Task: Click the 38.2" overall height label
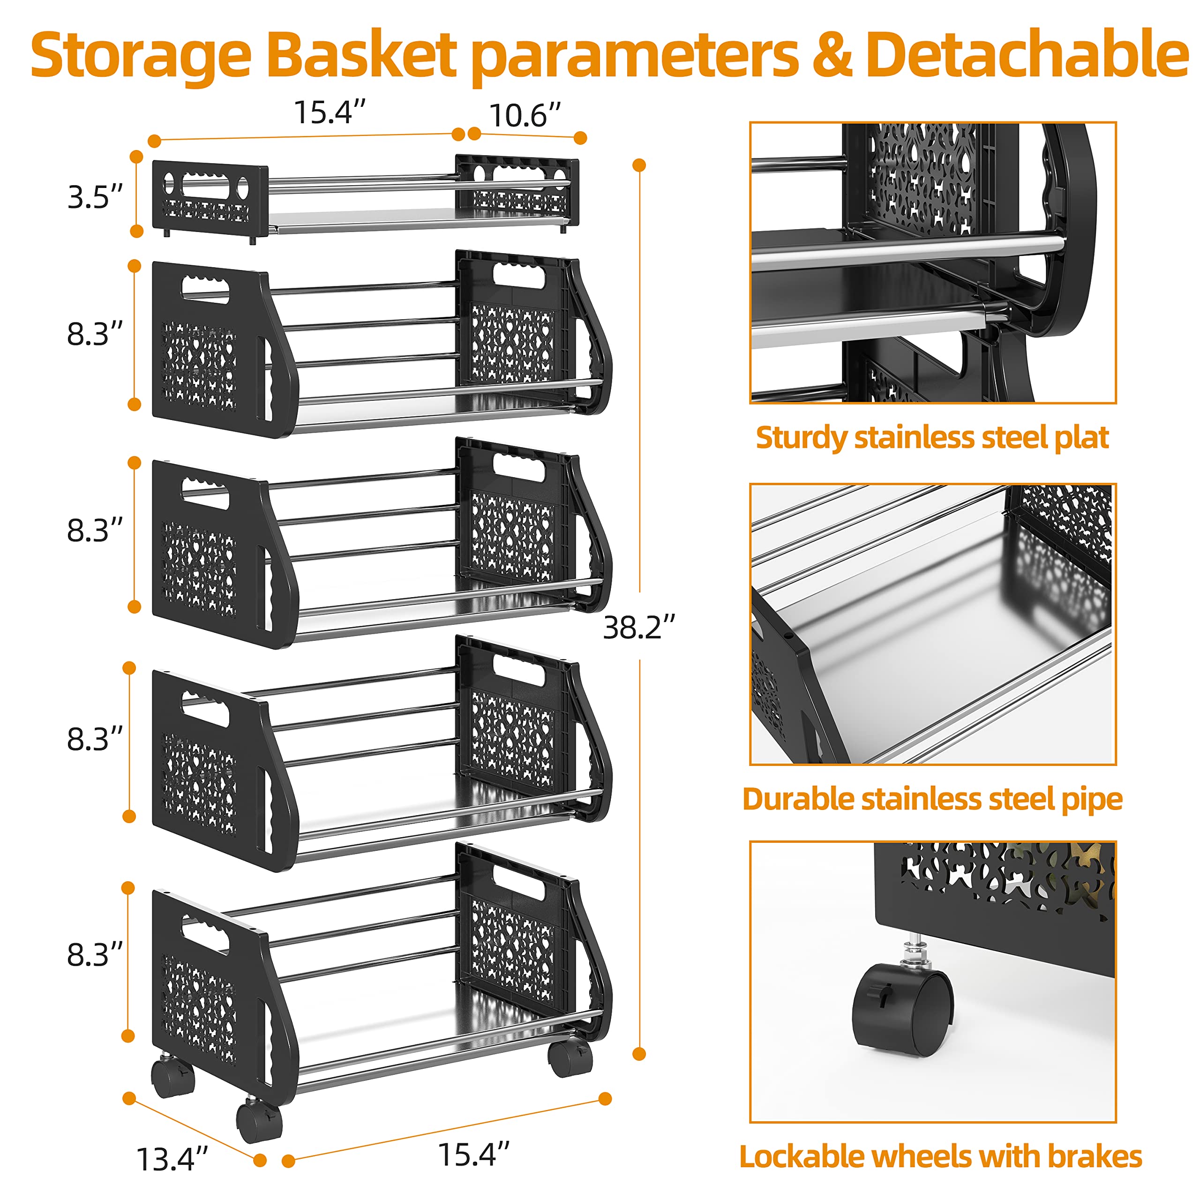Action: click(638, 627)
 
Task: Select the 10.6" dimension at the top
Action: click(525, 115)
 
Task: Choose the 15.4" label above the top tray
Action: click(329, 112)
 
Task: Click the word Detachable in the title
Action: click(1027, 55)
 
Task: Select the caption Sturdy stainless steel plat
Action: click(932, 437)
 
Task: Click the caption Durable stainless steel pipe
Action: click(932, 799)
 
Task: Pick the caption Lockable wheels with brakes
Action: click(940, 1156)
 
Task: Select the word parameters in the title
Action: click(634, 59)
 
